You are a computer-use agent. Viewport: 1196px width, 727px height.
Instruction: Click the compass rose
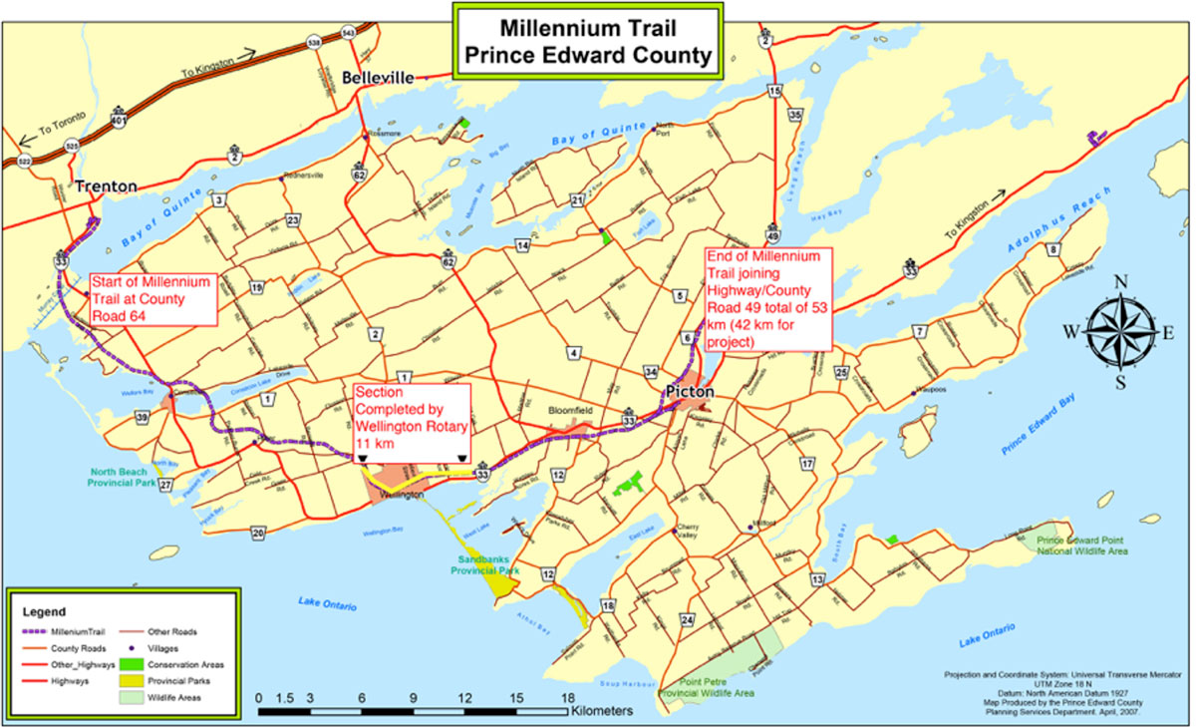point(1120,332)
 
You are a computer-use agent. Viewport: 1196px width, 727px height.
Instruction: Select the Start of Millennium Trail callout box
point(151,298)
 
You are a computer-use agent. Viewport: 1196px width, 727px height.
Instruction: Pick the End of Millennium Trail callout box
point(767,299)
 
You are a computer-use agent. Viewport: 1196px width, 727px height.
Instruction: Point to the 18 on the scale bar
point(567,698)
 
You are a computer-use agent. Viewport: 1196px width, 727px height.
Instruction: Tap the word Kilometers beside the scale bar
point(603,713)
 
